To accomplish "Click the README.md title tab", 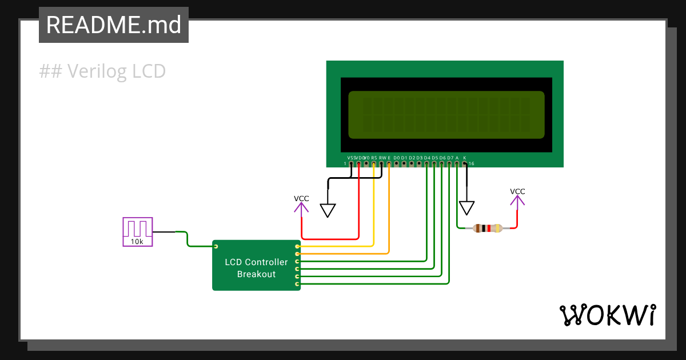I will tap(113, 25).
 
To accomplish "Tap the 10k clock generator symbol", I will tap(138, 231).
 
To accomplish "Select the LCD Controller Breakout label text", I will tap(256, 268).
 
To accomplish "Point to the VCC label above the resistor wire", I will tap(517, 191).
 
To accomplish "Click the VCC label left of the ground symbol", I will tap(301, 199).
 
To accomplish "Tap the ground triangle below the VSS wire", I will tap(328, 210).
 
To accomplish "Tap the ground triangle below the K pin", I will tap(466, 207).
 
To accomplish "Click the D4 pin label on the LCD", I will tap(426, 158).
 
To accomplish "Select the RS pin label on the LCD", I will tap(374, 158).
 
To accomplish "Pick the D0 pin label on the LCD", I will tap(396, 158).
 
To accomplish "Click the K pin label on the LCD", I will tap(464, 158).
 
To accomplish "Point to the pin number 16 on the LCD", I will tap(472, 164).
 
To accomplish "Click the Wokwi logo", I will tap(607, 315).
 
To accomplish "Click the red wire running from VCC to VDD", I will tap(358, 206).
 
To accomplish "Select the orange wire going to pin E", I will tap(389, 217).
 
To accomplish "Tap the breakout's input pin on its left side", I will tap(216, 246).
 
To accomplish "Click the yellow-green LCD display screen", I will tap(446, 115).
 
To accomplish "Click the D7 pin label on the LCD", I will tap(450, 158).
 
